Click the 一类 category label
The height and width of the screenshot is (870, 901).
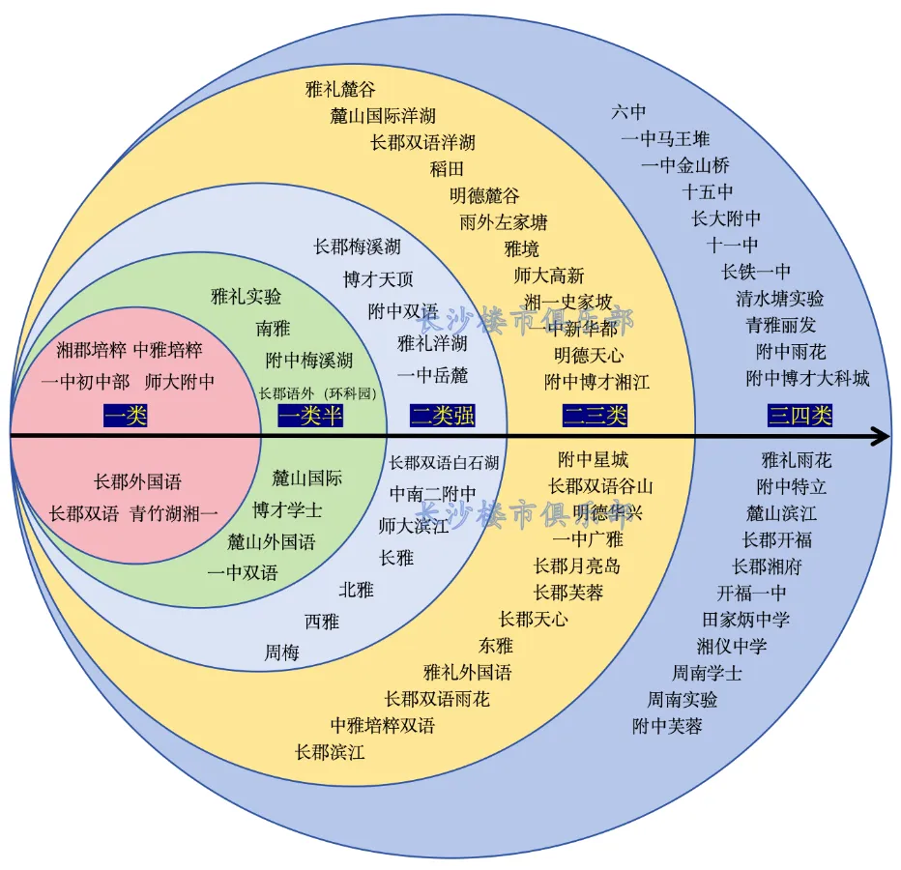click(x=126, y=417)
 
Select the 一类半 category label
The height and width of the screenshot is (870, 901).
click(x=310, y=417)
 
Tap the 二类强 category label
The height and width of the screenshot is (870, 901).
click(x=443, y=417)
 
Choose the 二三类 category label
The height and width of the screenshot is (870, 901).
click(x=596, y=417)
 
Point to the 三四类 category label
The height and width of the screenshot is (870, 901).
click(x=800, y=417)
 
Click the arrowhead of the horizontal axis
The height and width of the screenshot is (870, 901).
click(x=880, y=437)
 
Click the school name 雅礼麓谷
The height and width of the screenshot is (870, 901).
click(x=339, y=90)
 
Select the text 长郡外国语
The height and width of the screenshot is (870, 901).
click(x=137, y=481)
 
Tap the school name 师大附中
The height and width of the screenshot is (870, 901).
click(x=180, y=382)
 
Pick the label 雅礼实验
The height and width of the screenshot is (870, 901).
click(x=247, y=297)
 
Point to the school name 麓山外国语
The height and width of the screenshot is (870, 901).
click(x=272, y=541)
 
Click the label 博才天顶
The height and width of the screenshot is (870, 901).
click(x=378, y=279)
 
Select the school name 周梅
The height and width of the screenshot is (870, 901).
click(x=282, y=653)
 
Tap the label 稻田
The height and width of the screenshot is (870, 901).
click(x=448, y=169)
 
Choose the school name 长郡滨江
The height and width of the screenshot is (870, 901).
click(x=330, y=752)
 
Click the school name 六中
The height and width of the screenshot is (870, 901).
click(x=628, y=112)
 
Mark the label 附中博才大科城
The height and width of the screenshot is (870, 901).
click(x=807, y=378)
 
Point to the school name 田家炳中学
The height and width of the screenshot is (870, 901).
click(x=745, y=620)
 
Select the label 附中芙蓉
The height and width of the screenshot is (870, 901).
click(x=667, y=726)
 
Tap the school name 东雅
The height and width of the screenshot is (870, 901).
click(x=496, y=646)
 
